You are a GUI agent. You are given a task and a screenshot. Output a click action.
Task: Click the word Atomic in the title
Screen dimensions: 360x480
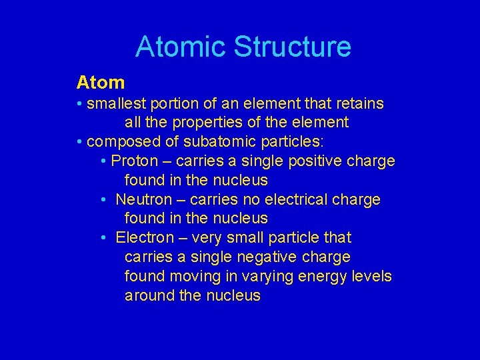175,47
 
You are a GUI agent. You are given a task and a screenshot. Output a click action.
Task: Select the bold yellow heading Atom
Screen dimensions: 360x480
101,83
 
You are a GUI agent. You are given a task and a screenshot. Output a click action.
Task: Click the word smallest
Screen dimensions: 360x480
115,104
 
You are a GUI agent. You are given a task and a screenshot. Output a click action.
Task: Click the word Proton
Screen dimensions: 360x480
135,161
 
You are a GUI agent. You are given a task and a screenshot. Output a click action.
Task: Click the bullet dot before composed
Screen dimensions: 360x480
79,142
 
